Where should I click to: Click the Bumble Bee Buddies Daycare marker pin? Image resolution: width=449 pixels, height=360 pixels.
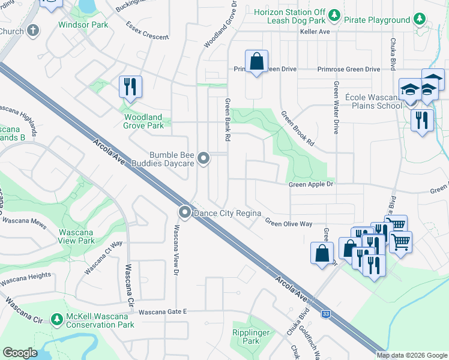[x=204, y=159]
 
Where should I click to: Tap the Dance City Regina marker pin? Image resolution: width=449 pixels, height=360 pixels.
[x=185, y=212]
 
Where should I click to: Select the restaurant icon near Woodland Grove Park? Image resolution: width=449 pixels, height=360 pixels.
[x=130, y=87]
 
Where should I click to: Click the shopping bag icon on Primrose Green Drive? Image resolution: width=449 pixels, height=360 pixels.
[x=256, y=62]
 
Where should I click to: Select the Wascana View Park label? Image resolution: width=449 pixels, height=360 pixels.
[x=76, y=236]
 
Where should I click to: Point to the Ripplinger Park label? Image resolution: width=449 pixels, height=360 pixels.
[x=246, y=337]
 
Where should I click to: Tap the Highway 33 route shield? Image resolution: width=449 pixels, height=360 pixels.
[x=325, y=313]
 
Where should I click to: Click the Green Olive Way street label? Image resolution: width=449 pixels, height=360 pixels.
[x=289, y=223]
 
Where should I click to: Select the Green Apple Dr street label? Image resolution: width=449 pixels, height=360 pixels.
[x=311, y=185]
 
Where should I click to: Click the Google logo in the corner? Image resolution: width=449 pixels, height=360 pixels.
[x=20, y=352]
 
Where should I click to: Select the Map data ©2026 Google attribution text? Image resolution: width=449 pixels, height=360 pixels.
[x=412, y=355]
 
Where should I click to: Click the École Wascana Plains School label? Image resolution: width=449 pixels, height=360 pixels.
[x=373, y=101]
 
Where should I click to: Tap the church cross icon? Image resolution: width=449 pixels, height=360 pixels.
[x=33, y=30]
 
